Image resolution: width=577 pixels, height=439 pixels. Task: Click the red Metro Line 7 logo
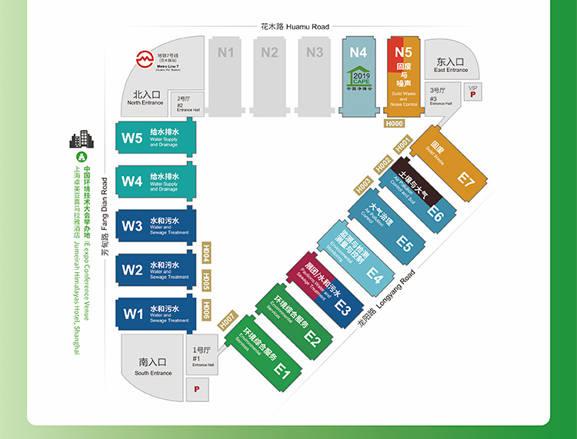[143, 58]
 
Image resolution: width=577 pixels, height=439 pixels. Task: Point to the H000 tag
[395, 123]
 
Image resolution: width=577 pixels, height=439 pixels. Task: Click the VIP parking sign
[472, 94]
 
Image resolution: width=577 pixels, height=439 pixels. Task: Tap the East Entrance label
[450, 65]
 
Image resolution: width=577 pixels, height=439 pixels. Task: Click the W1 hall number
[132, 314]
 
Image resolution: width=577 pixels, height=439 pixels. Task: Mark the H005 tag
[205, 281]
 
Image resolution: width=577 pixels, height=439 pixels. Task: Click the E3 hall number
[342, 307]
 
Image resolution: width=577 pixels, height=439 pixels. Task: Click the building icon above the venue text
[80, 139]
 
